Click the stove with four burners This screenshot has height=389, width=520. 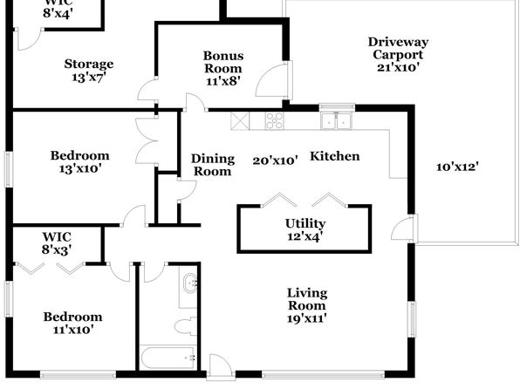pos(274,120)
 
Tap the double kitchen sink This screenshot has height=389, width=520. pos(336,120)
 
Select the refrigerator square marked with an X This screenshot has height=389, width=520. pos(240,120)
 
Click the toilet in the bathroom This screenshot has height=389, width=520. pos(186,326)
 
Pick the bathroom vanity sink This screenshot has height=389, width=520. pos(190,283)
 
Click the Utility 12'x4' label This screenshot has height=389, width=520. pos(305,229)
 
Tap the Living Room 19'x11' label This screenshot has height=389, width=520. pos(307,305)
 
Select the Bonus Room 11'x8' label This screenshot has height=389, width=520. pos(223,68)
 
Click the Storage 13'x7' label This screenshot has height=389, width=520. pos(89,71)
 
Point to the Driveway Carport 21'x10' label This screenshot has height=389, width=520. pos(398,55)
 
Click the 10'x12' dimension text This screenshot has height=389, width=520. pos(457,167)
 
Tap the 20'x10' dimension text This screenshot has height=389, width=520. pos(275,160)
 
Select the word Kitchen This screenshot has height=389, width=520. pos(335,156)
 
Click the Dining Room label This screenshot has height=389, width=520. pos(213,165)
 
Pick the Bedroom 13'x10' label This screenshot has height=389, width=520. pos(80,162)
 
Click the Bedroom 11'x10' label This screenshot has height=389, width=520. pos(73,323)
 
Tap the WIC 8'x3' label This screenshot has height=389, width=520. pos(57,243)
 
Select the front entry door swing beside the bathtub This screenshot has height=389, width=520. pos(222,366)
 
